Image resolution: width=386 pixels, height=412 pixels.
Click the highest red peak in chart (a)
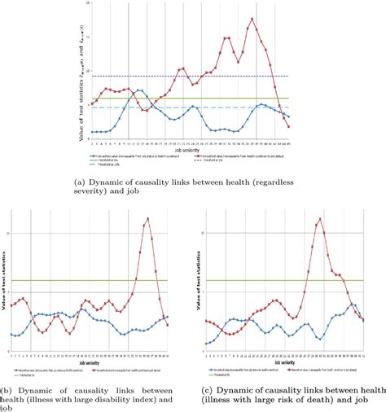252,20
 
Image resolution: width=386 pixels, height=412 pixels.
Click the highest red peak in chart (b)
147,218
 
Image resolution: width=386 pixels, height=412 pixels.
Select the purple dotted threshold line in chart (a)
163,77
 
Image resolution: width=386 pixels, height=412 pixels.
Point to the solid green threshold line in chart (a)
163,99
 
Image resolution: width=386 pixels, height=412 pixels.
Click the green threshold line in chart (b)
81,281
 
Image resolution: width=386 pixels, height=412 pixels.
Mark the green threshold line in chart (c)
244,281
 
